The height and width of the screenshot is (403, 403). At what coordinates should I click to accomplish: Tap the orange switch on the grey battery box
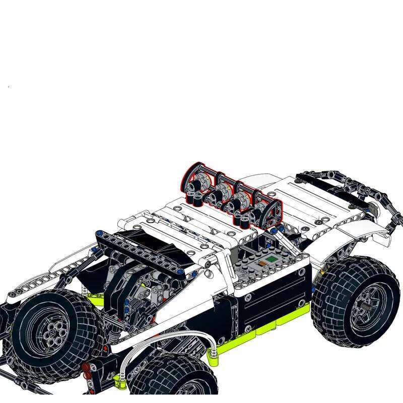point(261,264)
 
